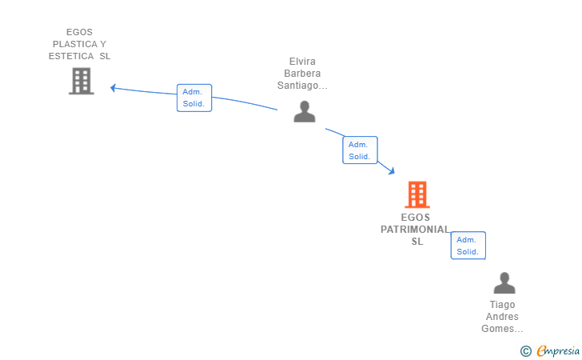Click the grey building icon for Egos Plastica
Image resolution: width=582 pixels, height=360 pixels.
click(x=81, y=81)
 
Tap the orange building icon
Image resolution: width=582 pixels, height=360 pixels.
click(x=417, y=194)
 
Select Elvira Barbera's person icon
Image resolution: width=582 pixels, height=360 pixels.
click(x=304, y=111)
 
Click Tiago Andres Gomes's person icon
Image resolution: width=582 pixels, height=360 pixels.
click(x=504, y=283)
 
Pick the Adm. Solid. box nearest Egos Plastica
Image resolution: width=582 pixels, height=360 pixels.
click(x=194, y=98)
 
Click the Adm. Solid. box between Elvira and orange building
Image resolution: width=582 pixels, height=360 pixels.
click(x=360, y=150)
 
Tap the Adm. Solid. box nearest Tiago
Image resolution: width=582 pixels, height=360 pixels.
click(x=468, y=246)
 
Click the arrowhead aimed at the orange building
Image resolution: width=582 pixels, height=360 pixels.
click(x=391, y=170)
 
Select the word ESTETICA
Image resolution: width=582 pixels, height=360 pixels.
click(x=71, y=57)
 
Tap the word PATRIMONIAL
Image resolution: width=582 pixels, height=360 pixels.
click(x=414, y=230)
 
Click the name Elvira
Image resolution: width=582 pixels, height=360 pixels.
click(x=303, y=62)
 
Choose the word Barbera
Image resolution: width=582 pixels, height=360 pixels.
click(x=303, y=74)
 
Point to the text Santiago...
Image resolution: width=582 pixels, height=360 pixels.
click(x=301, y=86)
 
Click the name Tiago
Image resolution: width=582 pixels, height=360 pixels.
click(x=503, y=305)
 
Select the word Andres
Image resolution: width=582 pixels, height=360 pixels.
click(x=503, y=317)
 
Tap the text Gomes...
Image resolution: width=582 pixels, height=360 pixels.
click(x=501, y=329)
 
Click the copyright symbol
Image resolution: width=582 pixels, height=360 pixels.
click(x=525, y=350)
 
